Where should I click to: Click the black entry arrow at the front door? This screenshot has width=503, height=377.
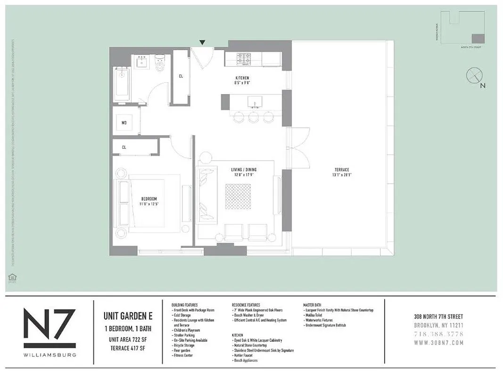pos(202,43)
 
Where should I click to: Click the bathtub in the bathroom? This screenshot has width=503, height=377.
pos(122,84)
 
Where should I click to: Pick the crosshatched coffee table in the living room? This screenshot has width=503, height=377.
pos(238,197)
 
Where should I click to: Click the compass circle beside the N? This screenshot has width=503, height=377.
pos(474,75)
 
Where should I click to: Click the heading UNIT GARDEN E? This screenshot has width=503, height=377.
pos(126,317)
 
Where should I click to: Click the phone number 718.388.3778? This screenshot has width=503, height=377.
pos(438,334)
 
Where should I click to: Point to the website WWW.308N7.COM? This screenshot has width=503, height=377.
pos(438,342)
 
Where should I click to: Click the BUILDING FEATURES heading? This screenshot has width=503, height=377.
pos(185,305)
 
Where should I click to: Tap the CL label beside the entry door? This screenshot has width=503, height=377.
pos(181,76)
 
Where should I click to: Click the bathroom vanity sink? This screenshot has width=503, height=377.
pos(141,61)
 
